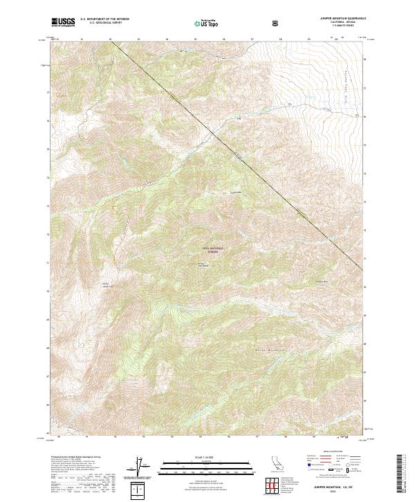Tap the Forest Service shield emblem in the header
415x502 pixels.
coord(277,23)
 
